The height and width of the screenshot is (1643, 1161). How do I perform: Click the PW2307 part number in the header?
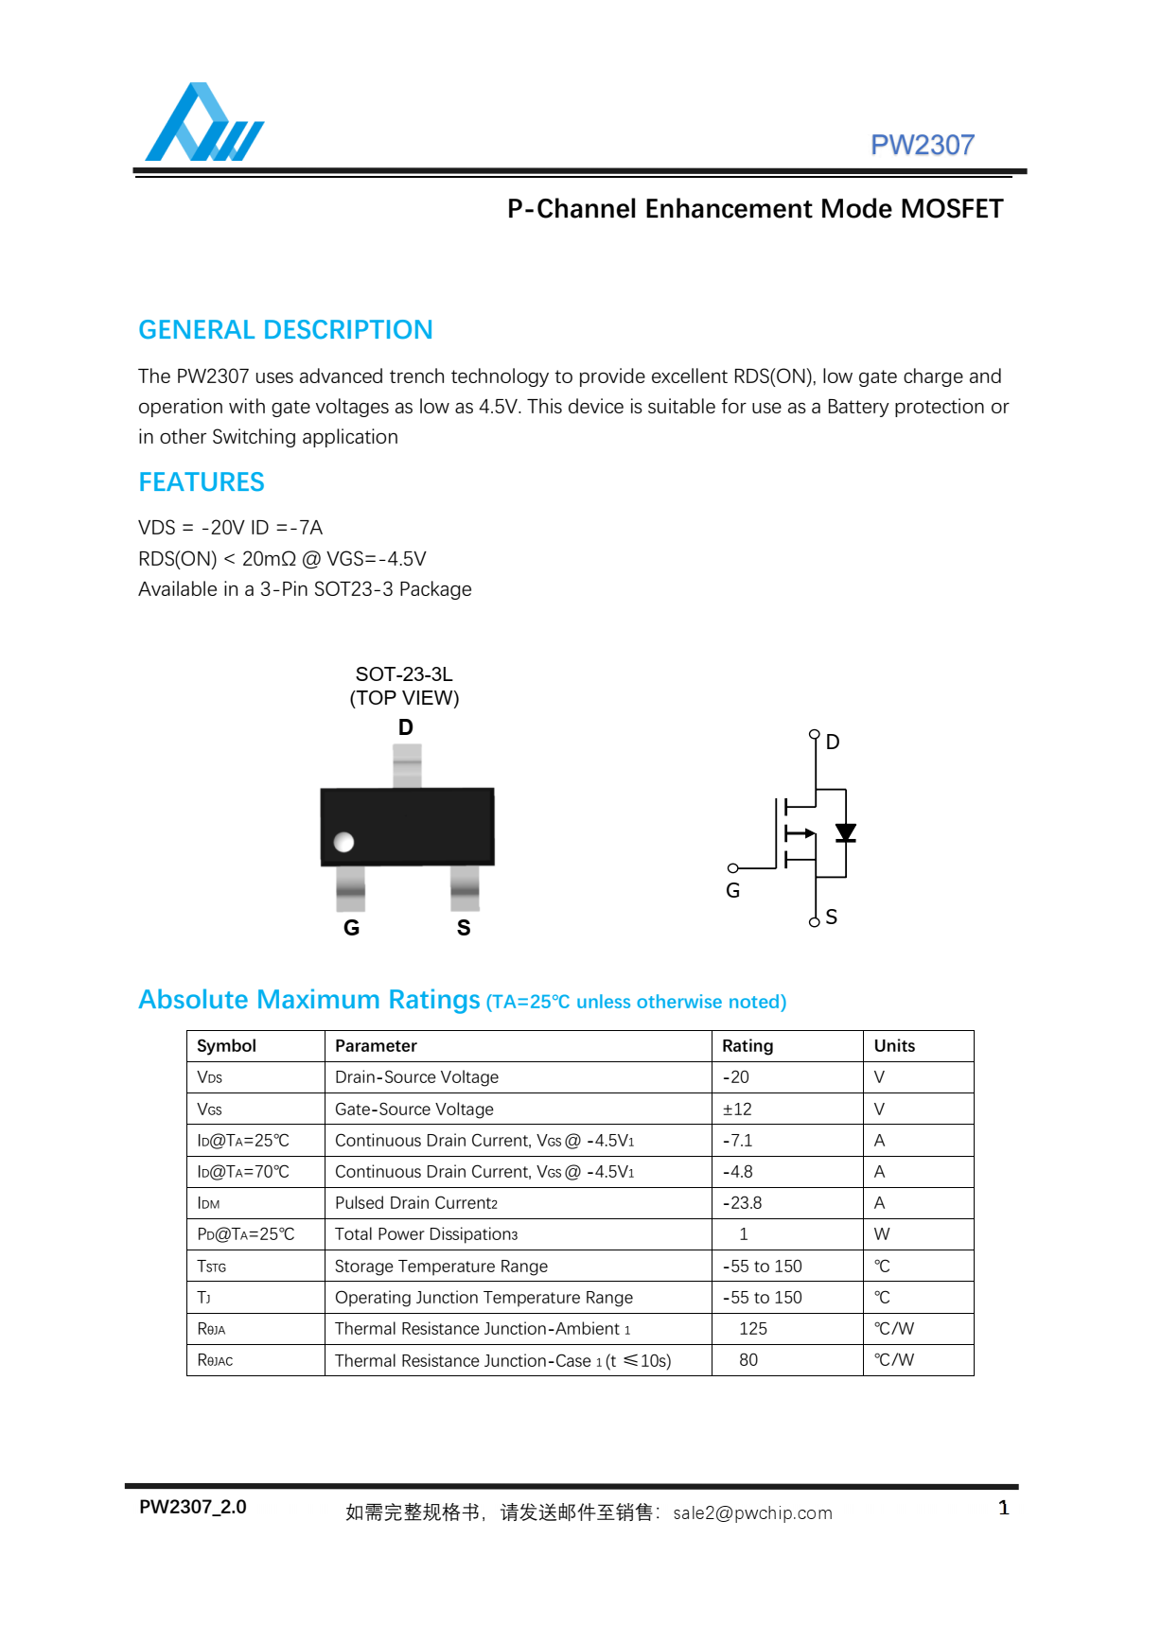(922, 145)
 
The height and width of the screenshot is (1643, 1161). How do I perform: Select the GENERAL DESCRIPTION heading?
(285, 330)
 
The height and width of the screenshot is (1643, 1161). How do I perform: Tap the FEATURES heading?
(202, 482)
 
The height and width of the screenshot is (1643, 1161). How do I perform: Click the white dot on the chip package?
(344, 842)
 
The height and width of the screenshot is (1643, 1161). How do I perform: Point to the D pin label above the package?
(406, 727)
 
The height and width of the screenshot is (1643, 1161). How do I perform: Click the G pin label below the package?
(351, 928)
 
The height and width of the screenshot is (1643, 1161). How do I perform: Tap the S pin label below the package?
(464, 928)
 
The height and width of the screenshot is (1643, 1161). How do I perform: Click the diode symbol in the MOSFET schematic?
(845, 832)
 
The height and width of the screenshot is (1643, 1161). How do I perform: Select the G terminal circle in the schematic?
(732, 868)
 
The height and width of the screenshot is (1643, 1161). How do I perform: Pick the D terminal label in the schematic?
(833, 743)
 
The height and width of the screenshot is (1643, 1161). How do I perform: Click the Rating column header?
(748, 1046)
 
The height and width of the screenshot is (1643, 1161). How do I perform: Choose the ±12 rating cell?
(737, 1110)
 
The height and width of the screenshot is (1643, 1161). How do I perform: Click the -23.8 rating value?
(742, 1203)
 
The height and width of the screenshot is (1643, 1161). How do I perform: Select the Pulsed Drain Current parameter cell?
(416, 1203)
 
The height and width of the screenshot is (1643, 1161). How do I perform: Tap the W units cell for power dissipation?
(882, 1234)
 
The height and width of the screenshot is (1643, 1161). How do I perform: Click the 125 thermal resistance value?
(753, 1329)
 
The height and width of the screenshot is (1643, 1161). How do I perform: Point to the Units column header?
(894, 1046)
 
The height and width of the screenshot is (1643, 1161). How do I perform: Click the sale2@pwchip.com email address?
(752, 1512)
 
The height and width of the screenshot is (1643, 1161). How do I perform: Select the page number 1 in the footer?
(1004, 1508)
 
